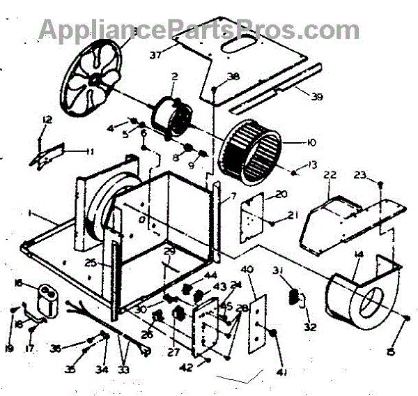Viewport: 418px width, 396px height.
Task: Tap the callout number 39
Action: [317, 97]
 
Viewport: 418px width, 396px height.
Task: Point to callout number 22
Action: [330, 174]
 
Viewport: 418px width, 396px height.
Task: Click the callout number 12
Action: [47, 121]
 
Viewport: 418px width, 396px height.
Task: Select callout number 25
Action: [91, 264]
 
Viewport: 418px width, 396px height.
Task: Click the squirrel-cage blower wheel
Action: [251, 147]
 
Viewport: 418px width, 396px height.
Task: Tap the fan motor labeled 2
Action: [171, 116]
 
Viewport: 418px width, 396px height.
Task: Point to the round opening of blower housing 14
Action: [373, 305]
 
